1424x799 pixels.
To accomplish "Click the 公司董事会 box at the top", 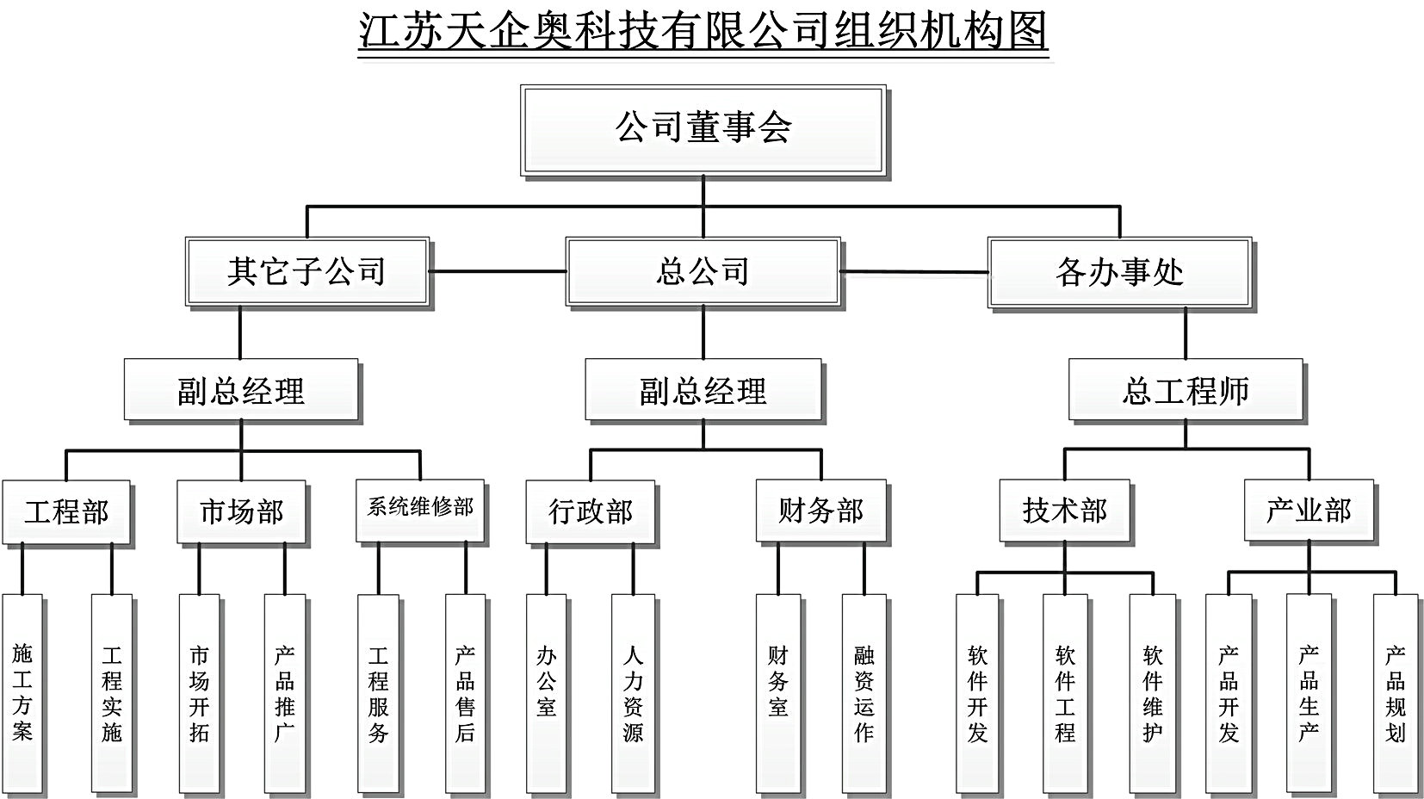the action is coord(703,130).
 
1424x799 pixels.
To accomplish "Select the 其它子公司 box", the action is coord(307,272).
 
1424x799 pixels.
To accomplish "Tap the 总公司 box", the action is coord(703,272).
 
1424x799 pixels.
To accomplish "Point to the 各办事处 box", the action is coord(1120,272).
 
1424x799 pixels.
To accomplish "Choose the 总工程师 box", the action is coord(1186,390).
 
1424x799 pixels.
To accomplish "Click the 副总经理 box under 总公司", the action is coord(703,390).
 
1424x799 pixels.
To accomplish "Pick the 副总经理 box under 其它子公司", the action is coord(242,390).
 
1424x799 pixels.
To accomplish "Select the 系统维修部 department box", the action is coord(420,511).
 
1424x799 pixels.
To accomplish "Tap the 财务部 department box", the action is coord(820,511).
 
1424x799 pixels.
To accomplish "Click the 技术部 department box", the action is coord(1065,511).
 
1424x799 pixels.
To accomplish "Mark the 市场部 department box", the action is coord(242,511).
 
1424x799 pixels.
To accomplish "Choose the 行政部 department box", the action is coord(591,511).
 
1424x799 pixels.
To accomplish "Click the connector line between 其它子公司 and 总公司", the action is coord(498,271).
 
